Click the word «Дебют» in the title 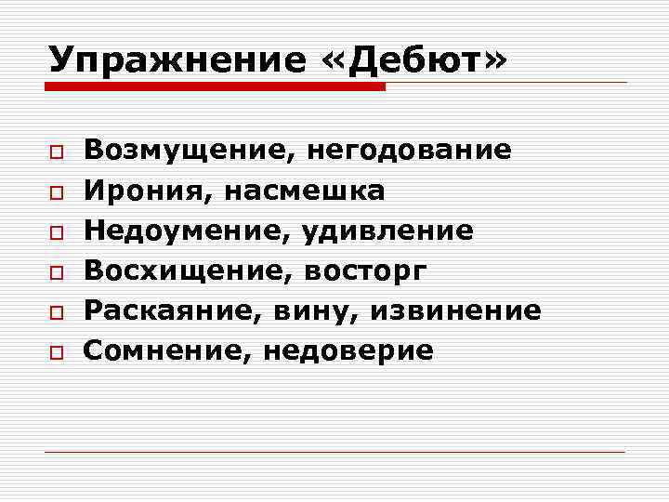click(415, 59)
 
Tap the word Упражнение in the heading click(177, 59)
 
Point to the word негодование click(409, 150)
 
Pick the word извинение click(455, 310)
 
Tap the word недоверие click(348, 350)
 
